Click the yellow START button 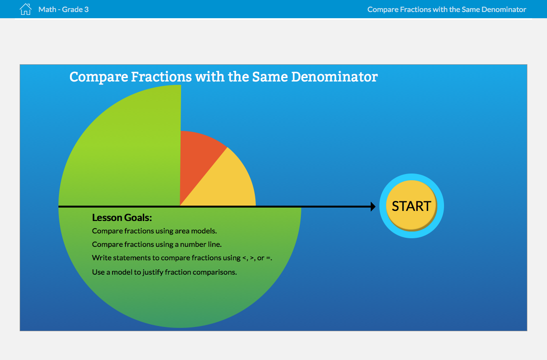411,206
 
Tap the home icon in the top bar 25,9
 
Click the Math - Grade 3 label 64,10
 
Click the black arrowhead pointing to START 373,207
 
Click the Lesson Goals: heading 122,218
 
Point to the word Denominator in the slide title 334,77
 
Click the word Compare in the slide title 99,77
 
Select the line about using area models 154,231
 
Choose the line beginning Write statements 182,258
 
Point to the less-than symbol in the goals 244,258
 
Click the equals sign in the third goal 268,258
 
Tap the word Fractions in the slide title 161,77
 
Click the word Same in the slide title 270,77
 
